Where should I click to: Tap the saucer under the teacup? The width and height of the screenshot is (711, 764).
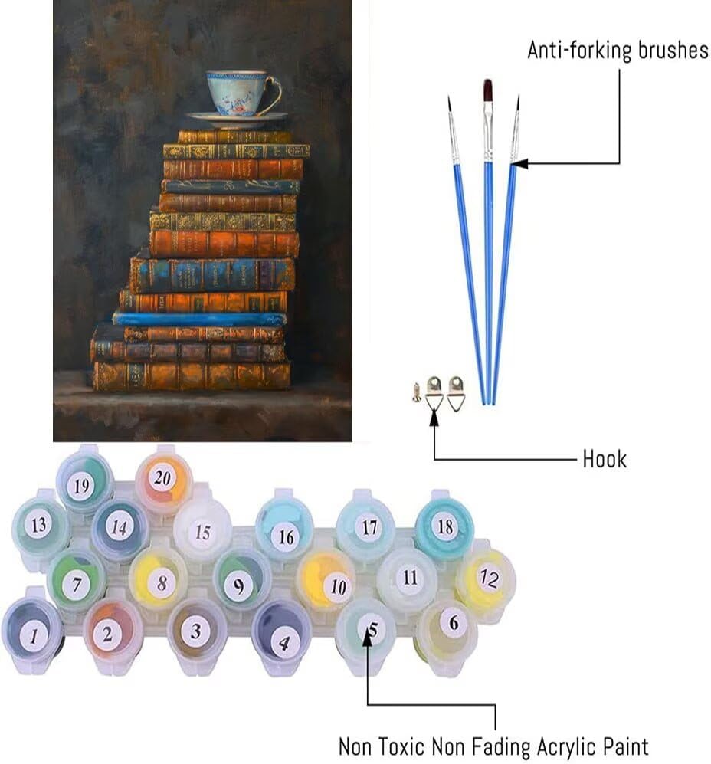(237, 118)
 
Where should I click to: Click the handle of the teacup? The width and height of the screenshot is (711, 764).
(274, 93)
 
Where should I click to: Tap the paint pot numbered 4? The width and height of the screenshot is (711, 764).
(282, 636)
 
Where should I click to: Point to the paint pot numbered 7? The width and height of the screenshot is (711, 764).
(77, 582)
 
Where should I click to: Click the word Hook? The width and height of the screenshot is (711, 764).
(605, 459)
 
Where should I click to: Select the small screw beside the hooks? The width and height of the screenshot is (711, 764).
(416, 392)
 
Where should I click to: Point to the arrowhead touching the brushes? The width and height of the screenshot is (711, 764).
(520, 164)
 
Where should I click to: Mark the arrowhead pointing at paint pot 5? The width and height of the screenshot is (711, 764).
(368, 639)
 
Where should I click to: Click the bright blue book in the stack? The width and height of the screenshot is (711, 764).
(200, 319)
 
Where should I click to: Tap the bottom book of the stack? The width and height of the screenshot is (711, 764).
(192, 375)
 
